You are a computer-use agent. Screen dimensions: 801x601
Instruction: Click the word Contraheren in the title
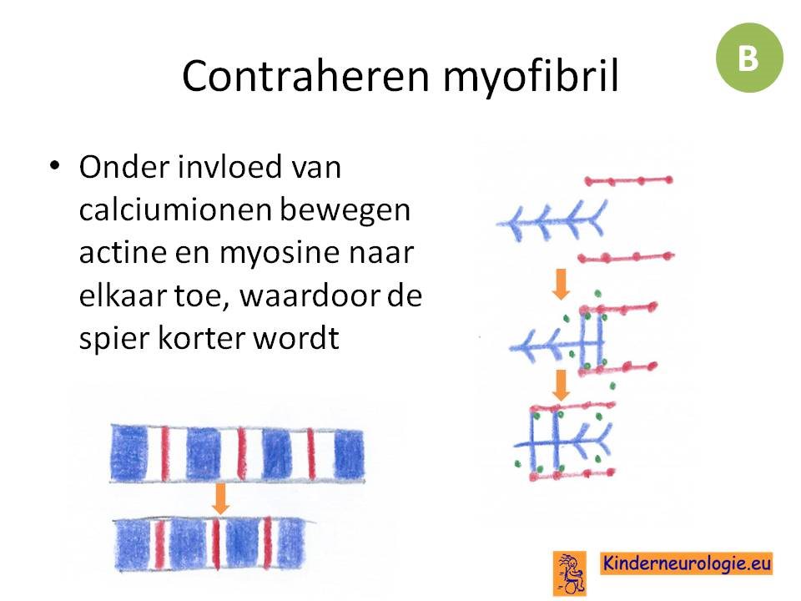(x=305, y=76)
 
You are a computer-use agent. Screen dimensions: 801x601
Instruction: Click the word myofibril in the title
(x=531, y=78)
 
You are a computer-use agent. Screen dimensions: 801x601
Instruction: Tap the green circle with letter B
(x=749, y=58)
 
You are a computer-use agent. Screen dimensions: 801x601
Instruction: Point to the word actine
(x=123, y=252)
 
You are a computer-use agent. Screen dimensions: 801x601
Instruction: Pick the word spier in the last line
(x=113, y=339)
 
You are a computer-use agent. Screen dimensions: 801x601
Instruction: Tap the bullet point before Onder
(x=55, y=165)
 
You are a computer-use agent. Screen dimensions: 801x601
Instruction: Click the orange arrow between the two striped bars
(x=220, y=498)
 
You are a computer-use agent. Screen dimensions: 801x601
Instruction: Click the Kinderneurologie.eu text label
(x=686, y=563)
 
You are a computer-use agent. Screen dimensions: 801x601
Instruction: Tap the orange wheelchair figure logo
(x=570, y=573)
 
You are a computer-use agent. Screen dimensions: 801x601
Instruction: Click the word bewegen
(x=345, y=211)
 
